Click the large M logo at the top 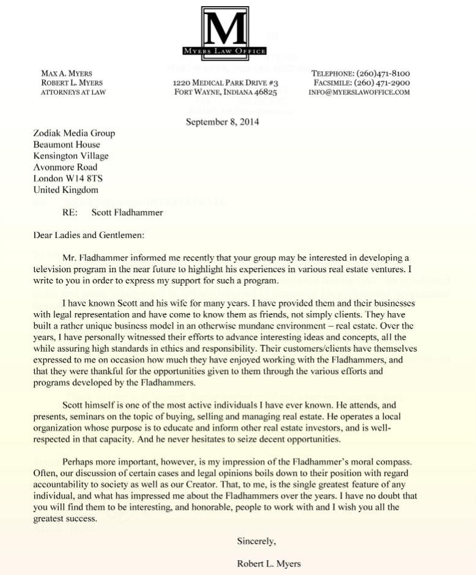pos(225,27)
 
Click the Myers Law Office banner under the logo pos(225,51)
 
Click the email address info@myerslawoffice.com pos(359,92)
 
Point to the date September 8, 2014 pos(222,121)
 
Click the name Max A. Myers pos(67,73)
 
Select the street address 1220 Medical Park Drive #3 pos(226,83)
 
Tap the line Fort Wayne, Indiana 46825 pos(226,92)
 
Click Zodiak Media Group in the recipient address pos(74,133)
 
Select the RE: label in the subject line pos(71,213)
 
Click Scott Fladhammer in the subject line pos(127,213)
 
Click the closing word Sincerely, pos(256,541)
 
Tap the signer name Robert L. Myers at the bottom pos(269,563)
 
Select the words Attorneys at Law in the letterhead pos(73,92)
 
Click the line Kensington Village pos(71,156)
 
